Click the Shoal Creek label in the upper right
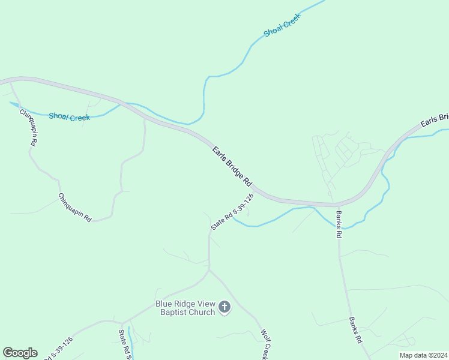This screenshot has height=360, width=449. click(282, 25)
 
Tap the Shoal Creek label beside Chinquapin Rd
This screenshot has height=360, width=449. click(70, 117)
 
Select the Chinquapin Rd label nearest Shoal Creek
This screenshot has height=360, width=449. click(29, 128)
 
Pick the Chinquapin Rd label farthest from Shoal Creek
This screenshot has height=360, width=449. click(75, 208)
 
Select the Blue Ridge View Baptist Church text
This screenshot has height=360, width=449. click(185, 308)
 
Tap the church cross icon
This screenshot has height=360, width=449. click(224, 308)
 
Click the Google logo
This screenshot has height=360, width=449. click(20, 353)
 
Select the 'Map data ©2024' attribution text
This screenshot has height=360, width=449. click(423, 355)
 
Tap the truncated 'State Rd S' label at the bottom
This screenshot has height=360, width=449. click(125, 344)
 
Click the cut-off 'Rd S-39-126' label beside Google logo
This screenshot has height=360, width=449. click(59, 348)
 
